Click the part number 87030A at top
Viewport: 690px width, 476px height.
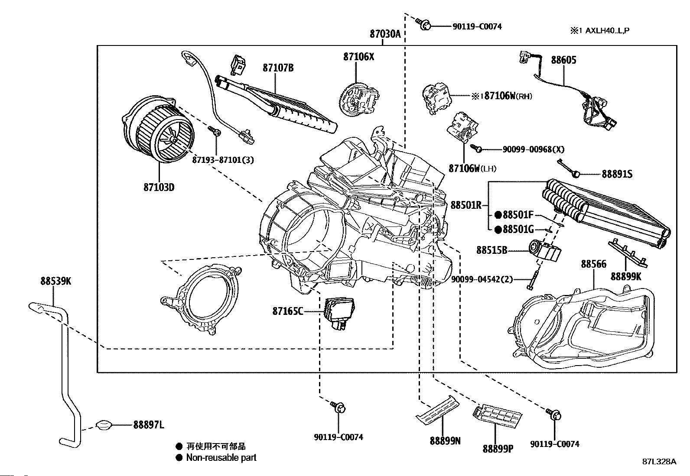[385, 34]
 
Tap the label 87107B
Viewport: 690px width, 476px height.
[278, 68]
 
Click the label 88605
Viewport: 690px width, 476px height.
[563, 60]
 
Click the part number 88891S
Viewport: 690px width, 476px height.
[617, 174]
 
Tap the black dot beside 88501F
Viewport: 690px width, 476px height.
[498, 215]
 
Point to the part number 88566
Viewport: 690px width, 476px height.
[593, 264]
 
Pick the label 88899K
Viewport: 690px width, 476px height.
[625, 276]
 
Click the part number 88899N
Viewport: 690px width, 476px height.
[445, 440]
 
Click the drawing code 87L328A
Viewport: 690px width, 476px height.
[659, 462]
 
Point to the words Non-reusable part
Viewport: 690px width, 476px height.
[221, 457]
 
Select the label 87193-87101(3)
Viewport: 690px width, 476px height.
[223, 160]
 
